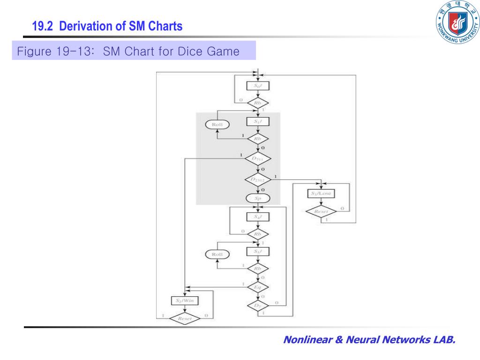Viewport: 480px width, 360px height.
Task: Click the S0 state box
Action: click(x=258, y=86)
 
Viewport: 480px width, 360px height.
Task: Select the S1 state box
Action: click(x=258, y=121)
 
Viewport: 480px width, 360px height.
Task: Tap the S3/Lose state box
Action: click(x=321, y=194)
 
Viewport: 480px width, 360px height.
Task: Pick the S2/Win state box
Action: click(x=185, y=300)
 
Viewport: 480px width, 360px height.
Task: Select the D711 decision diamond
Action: click(x=258, y=159)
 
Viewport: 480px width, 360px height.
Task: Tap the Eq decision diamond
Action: click(x=258, y=286)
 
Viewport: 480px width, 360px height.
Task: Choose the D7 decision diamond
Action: click(x=258, y=306)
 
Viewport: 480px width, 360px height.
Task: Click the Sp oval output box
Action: click(x=258, y=198)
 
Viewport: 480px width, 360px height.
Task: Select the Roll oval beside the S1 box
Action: click(x=217, y=125)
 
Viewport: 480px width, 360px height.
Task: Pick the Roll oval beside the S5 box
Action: click(x=217, y=254)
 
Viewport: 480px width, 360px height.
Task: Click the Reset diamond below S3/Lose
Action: click(x=321, y=212)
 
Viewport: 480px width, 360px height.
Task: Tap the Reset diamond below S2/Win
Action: click(x=184, y=318)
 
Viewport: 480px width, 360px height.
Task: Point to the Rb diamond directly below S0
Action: click(x=258, y=103)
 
